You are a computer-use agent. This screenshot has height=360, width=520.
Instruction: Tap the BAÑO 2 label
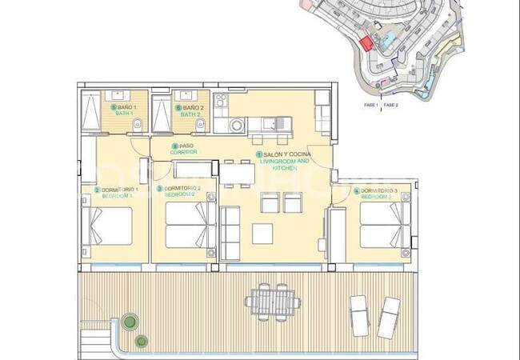click(x=192, y=107)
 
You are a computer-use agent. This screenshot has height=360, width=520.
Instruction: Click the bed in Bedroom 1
click(x=109, y=227)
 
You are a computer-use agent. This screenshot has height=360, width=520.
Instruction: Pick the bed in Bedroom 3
click(x=382, y=227)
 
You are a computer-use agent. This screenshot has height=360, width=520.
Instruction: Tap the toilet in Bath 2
click(x=202, y=123)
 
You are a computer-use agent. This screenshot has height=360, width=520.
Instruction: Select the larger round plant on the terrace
click(x=127, y=324)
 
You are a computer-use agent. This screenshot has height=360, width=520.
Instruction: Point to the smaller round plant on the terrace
click(x=142, y=341)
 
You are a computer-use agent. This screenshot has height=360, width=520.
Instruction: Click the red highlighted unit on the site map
click(x=366, y=44)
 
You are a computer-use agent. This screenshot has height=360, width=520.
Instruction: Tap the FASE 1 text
click(x=370, y=104)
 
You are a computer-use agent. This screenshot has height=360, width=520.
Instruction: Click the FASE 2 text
click(x=391, y=104)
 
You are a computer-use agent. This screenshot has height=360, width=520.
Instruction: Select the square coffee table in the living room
click(x=262, y=233)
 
